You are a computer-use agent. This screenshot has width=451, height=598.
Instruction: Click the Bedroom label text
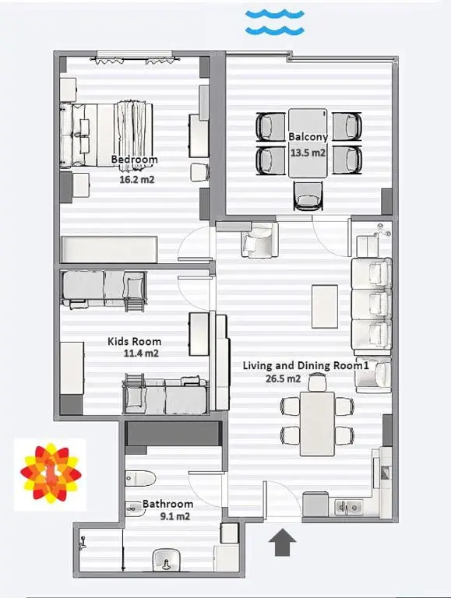[x=134, y=160]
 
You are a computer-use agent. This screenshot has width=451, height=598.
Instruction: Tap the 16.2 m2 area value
[x=137, y=179]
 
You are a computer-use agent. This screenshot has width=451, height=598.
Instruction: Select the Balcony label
[x=308, y=137]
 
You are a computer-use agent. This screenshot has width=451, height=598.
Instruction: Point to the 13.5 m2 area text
[x=308, y=153]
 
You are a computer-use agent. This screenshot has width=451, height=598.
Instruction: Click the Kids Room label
[x=134, y=341]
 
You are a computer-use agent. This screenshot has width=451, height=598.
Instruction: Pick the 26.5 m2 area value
[x=283, y=378]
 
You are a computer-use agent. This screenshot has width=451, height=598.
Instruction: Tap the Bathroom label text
[x=168, y=504]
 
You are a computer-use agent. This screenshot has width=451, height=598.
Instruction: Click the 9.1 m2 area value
[x=174, y=516]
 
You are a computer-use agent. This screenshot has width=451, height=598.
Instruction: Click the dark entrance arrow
[x=282, y=542]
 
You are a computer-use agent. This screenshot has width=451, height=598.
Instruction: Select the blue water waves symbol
[x=275, y=23]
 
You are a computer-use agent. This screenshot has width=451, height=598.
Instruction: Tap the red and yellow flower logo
[x=51, y=473]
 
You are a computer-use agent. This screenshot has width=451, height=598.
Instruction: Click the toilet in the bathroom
[x=140, y=478]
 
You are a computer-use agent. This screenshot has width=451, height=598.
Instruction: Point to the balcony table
[x=308, y=143]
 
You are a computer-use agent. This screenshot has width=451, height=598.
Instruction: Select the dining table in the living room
[x=317, y=424]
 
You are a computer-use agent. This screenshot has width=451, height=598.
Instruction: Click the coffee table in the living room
[x=325, y=306]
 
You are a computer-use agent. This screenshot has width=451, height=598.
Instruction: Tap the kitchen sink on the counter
[x=348, y=507]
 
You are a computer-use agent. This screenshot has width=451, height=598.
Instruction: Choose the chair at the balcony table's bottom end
[x=308, y=195]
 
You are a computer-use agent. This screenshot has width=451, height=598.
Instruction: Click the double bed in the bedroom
[x=107, y=134]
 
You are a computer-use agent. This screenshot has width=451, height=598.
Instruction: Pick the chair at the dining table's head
[x=317, y=382]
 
